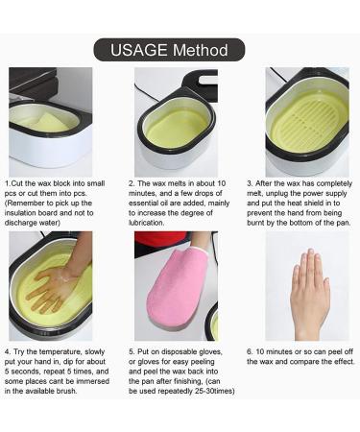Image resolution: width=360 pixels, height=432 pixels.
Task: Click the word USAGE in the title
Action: [139, 50]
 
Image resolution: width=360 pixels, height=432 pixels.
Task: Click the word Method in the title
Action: [201, 50]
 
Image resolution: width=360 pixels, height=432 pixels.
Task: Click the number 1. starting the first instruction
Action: [8, 183]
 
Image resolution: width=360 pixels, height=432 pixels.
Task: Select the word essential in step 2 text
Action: [143, 203]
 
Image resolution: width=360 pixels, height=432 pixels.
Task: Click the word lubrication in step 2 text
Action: [147, 223]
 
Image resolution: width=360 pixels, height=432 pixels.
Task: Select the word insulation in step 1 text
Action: [19, 213]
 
